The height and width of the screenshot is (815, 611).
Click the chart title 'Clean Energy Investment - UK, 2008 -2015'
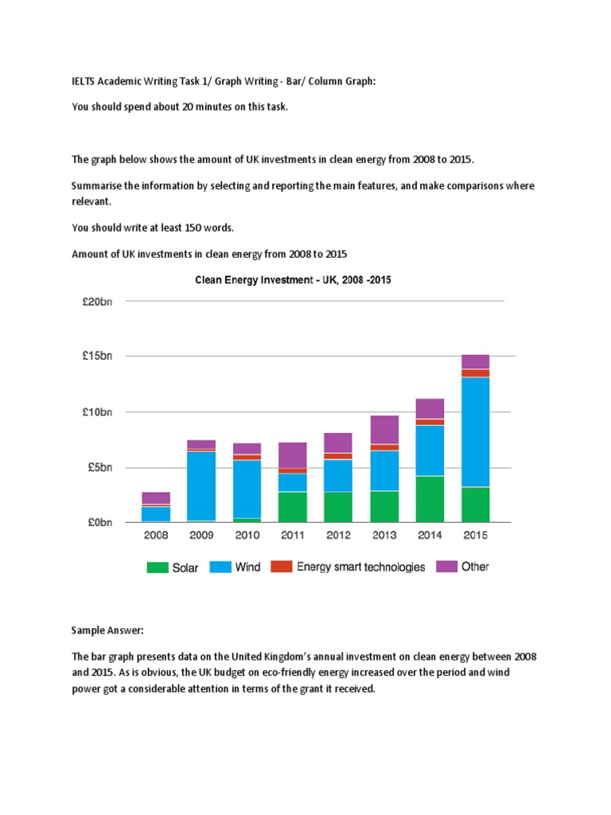294,280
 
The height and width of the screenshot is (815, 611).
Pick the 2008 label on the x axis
156,536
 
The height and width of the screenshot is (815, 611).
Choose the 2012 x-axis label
338,536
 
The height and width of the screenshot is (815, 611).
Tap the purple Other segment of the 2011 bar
293,454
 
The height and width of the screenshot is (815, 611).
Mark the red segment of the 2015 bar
475,373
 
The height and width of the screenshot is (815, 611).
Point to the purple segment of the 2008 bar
156,498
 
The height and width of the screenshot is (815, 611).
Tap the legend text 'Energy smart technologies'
360,567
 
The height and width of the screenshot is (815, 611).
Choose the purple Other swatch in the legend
446,567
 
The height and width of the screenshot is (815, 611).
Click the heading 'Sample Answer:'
107,630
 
